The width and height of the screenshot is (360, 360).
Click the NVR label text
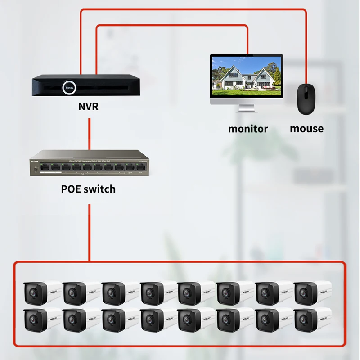click(88, 107)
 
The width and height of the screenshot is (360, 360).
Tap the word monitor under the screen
click(248, 129)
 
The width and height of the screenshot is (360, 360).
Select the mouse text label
click(306, 129)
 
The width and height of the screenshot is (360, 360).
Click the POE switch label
click(88, 189)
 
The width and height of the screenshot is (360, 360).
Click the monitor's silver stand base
click(247, 109)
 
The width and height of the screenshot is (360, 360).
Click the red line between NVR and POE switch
click(90, 133)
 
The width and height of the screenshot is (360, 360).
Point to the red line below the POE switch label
click(90, 232)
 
